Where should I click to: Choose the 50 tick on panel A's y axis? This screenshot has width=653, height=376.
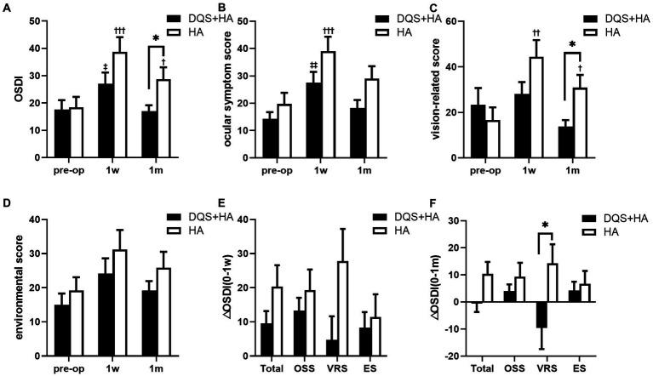click(33, 22)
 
